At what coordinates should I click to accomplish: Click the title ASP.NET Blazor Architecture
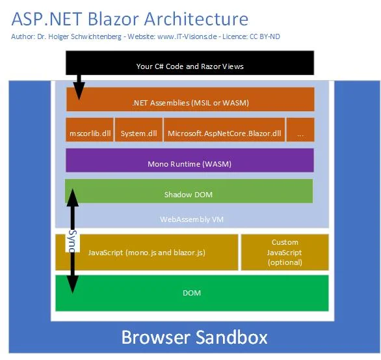coord(129,20)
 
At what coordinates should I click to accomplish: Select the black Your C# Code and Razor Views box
coord(190,66)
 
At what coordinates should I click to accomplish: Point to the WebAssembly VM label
coord(192,219)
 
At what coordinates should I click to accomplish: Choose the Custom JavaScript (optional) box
coord(285,253)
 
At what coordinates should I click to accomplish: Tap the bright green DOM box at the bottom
coord(192,293)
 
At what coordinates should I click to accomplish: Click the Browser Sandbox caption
coord(194,337)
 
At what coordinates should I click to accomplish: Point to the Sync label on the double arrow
coord(73,242)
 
